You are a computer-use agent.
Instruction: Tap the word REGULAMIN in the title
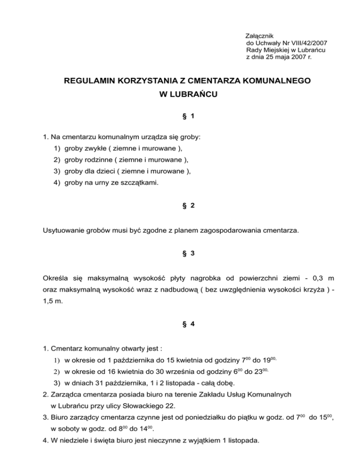point(89,81)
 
